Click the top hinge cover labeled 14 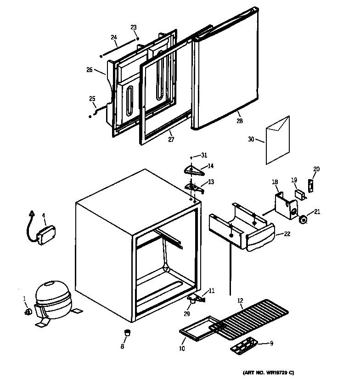click(x=193, y=171)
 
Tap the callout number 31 click(x=204, y=155)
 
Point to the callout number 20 click(x=316, y=169)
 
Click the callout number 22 click(x=287, y=234)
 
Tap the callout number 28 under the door click(x=239, y=121)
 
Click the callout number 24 click(x=114, y=37)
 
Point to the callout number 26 click(x=90, y=70)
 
